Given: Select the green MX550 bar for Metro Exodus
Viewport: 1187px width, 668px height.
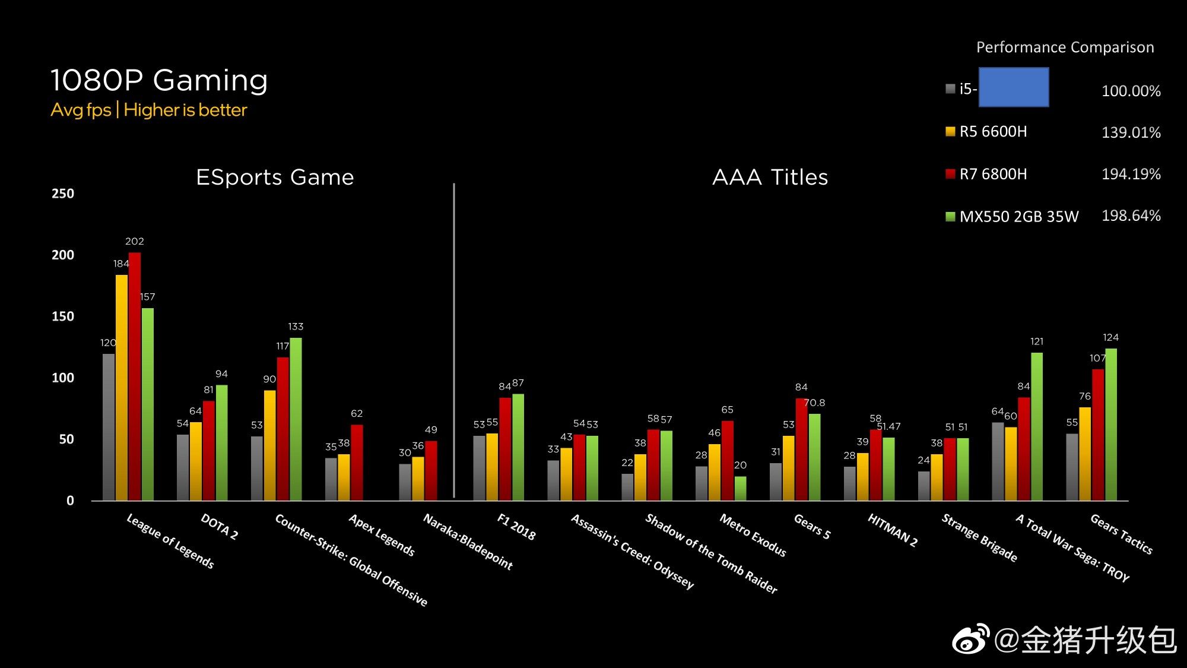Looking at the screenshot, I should point(740,488).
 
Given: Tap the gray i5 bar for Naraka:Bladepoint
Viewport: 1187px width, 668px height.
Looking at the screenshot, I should point(405,482).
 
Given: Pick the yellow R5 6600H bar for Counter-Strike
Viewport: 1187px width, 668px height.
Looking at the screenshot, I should point(269,445).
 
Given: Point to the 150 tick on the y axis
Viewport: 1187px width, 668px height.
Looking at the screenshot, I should point(63,316).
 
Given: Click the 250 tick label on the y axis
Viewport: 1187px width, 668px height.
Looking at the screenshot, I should point(63,194).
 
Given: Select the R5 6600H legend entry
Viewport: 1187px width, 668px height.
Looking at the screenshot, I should point(992,132).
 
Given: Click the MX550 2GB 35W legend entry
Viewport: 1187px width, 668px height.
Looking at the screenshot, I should point(1018,216).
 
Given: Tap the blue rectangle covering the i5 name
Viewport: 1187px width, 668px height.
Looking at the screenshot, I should point(1013,87).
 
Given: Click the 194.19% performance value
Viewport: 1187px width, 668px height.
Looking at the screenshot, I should point(1131,174).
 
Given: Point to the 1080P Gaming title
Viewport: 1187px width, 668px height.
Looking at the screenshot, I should point(159,80).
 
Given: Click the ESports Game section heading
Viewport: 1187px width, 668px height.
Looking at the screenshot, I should point(275,177).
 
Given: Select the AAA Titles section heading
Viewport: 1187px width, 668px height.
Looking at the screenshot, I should point(770,177).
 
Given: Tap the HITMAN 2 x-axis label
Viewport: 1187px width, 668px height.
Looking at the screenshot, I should point(893,530).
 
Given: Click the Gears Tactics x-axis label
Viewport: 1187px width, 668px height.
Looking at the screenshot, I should point(1121,534).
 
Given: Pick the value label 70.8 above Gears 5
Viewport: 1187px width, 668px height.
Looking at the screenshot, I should point(814,403).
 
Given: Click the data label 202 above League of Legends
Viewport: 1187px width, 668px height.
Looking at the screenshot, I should point(135,241).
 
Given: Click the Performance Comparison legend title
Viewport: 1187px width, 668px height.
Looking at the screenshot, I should point(1065,48).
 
